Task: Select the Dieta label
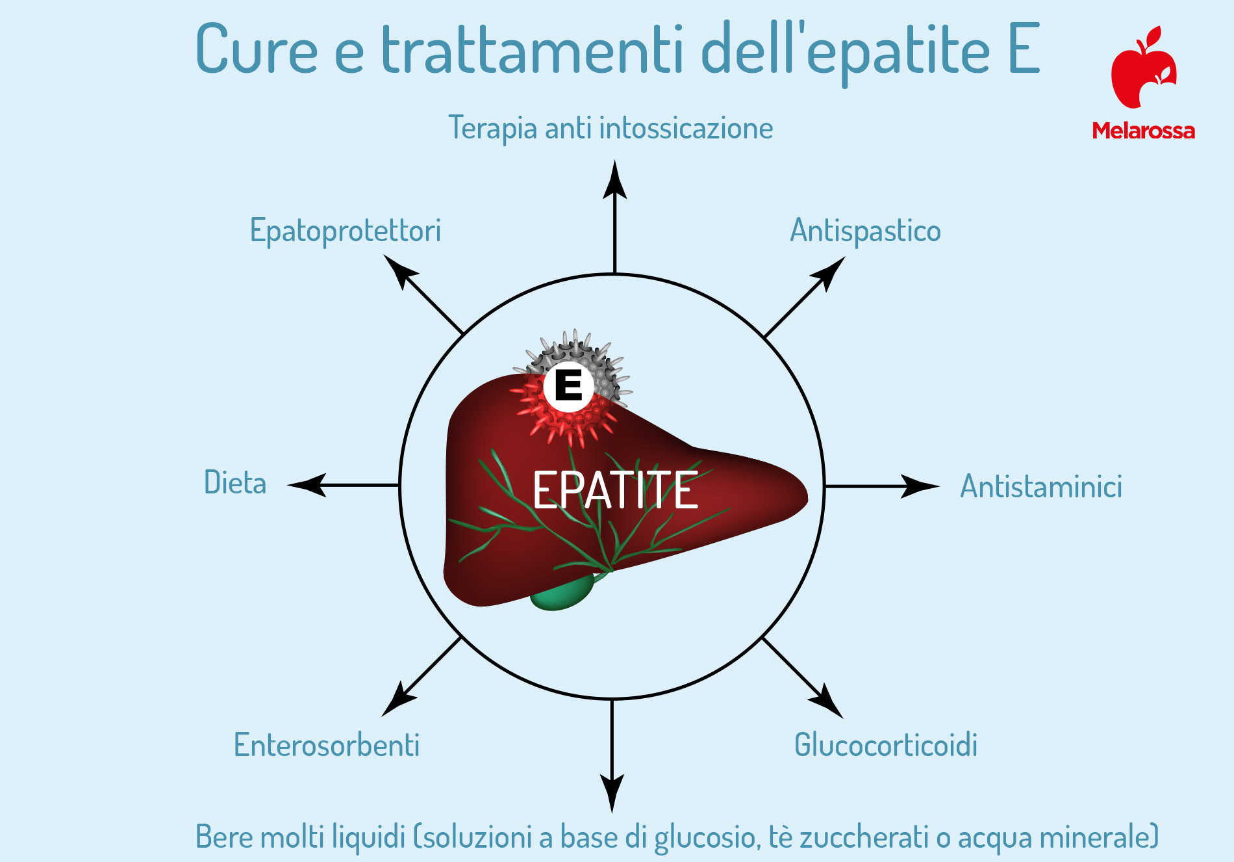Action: pyautogui.click(x=235, y=482)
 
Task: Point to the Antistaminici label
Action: pyautogui.click(x=1041, y=486)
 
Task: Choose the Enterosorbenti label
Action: pyautogui.click(x=327, y=745)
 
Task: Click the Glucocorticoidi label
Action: pyautogui.click(x=886, y=745)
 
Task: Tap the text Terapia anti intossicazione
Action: pyautogui.click(x=611, y=128)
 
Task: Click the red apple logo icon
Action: pyautogui.click(x=1144, y=68)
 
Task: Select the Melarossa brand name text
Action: pyautogui.click(x=1144, y=131)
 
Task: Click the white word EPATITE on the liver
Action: pyautogui.click(x=615, y=490)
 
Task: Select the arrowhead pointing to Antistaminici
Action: pyautogui.click(x=920, y=486)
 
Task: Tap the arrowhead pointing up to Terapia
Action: pyautogui.click(x=614, y=179)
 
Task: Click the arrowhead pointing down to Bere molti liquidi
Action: pyautogui.click(x=612, y=794)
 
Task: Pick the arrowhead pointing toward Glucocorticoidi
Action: pyautogui.click(x=827, y=702)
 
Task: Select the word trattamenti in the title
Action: pyautogui.click(x=533, y=49)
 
